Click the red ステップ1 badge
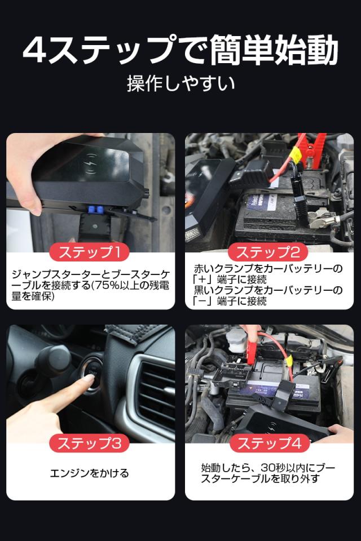coord(90,252)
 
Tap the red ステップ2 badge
coord(268,252)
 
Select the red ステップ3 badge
coord(90,443)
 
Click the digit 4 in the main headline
coord(35,50)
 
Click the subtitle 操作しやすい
coord(180,83)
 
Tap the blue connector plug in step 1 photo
coord(96,210)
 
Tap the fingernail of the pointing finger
coord(88,378)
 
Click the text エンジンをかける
coord(90,473)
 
